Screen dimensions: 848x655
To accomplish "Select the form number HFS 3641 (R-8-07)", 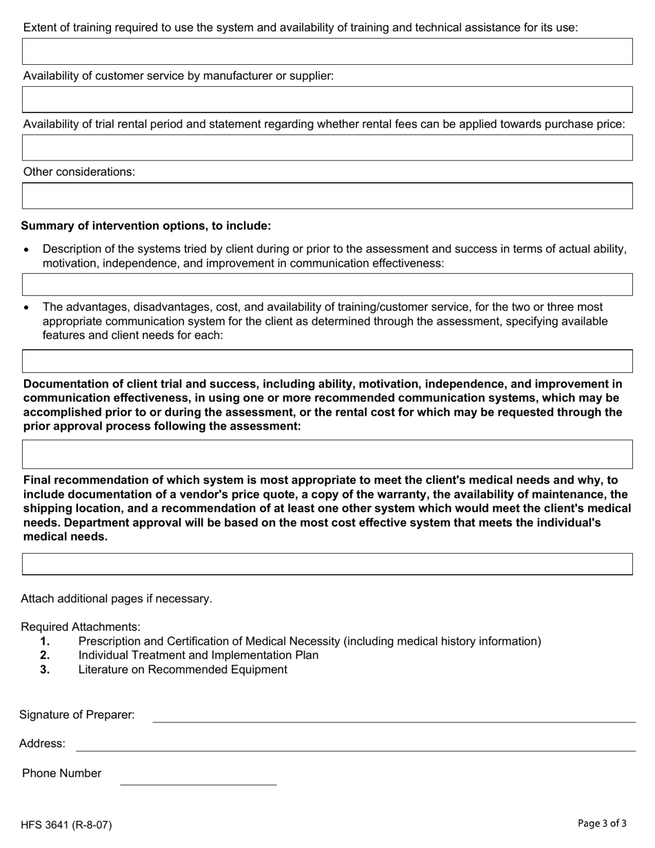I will tap(66, 825).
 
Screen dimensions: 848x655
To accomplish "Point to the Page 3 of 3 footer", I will tap(602, 823).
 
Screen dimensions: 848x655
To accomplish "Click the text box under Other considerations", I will tap(327, 196).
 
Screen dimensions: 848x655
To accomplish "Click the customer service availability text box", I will tap(327, 99).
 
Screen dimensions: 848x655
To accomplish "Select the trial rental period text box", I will tap(327, 148).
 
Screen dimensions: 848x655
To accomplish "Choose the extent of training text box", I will tap(327, 52).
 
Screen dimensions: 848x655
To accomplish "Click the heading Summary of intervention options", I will tap(145, 226).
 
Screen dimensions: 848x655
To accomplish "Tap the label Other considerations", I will tap(79, 172).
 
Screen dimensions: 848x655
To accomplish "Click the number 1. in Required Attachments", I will tap(45, 642).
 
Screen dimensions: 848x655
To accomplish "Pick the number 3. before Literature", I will tap(45, 670).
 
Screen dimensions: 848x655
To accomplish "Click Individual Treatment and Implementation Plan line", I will tap(199, 656).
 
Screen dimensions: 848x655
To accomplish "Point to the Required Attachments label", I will tap(81, 627).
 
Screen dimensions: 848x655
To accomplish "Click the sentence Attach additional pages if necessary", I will tap(117, 598).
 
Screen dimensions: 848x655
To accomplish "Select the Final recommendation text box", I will tap(327, 563).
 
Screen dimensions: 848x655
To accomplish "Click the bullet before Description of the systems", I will tap(26, 250).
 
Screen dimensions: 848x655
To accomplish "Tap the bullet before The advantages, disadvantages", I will tap(26, 307).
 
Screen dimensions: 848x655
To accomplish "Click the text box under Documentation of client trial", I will tap(327, 454).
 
